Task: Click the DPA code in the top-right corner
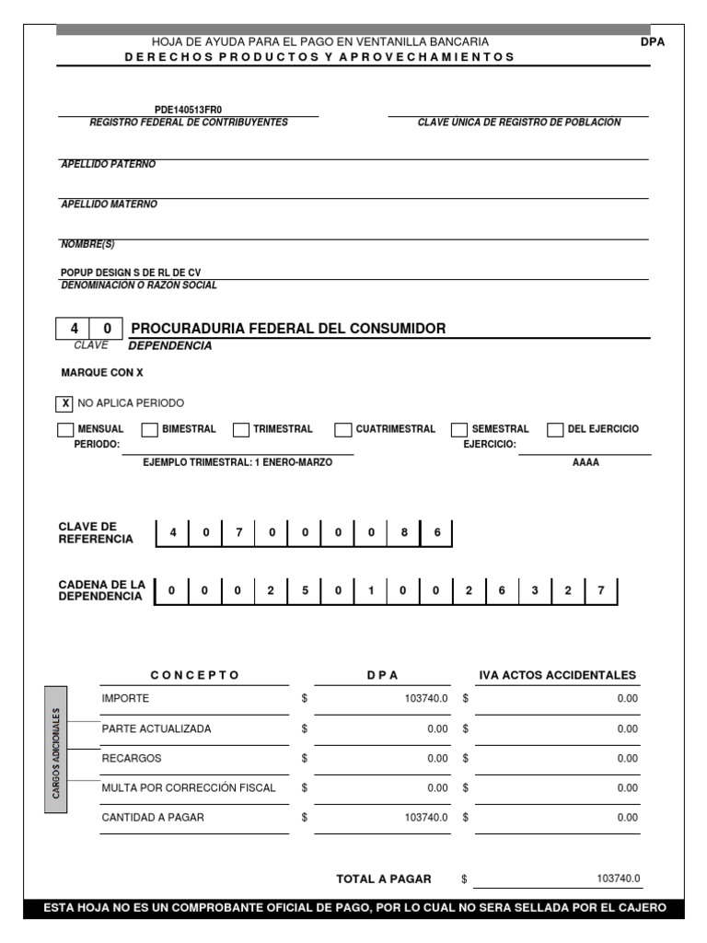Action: tap(652, 41)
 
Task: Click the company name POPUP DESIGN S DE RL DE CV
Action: tap(130, 273)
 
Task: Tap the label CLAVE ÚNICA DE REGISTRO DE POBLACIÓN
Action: tap(518, 122)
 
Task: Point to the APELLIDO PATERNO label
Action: tap(108, 164)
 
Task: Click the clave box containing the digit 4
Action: tap(74, 329)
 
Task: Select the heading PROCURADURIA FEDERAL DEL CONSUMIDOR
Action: tap(288, 329)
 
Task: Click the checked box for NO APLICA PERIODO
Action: tap(65, 403)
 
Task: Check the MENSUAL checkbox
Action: tap(65, 429)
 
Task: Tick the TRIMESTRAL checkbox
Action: tap(241, 429)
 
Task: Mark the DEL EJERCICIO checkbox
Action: tap(554, 429)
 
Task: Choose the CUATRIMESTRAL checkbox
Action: tap(342, 429)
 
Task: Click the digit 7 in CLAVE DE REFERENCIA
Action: tap(238, 533)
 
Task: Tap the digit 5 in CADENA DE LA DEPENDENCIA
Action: tap(304, 591)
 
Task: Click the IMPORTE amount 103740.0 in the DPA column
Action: tap(426, 699)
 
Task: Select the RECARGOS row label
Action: tap(132, 758)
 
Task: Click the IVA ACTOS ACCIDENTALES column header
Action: tap(557, 675)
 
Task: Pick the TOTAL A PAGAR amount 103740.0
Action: tap(618, 879)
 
